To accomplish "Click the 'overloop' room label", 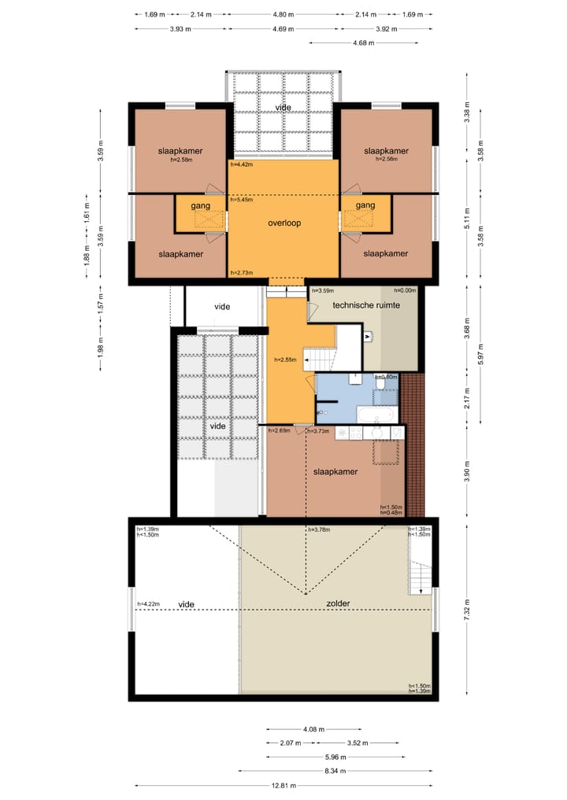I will [283, 223].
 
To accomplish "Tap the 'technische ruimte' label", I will [366, 304].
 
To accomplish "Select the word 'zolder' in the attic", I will [338, 603].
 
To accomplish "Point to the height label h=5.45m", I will [241, 201].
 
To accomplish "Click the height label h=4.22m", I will [148, 604].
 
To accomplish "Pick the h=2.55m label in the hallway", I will [284, 359].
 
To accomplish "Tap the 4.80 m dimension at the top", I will [283, 14].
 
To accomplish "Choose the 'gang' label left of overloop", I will [192, 205].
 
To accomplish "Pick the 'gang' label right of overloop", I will [365, 205].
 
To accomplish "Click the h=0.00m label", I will [393, 290].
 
